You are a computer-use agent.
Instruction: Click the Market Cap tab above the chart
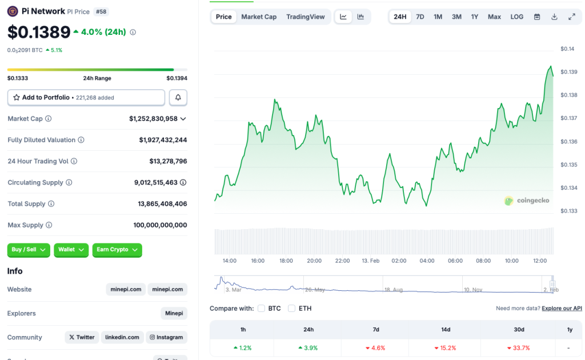(259, 17)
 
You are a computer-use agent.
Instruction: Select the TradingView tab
(305, 17)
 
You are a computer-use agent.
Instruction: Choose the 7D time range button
(420, 17)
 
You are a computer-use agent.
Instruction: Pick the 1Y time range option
(475, 17)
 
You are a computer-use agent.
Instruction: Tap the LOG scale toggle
(516, 17)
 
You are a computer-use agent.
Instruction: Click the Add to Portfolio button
(86, 98)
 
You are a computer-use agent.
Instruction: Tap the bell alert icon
(178, 98)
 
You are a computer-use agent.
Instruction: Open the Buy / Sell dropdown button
(29, 250)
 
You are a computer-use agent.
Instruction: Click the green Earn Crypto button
(117, 250)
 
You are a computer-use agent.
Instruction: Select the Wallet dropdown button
(71, 250)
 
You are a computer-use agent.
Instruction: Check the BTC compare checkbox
(261, 309)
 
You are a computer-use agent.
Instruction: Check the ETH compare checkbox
(291, 309)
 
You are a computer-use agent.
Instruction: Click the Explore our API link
(562, 309)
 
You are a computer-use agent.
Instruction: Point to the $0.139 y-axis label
(568, 72)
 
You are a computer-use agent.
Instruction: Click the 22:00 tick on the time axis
(342, 261)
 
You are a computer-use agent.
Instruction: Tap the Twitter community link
(82, 337)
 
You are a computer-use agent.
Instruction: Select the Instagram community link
(166, 337)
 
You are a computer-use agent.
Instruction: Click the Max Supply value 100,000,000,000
(160, 225)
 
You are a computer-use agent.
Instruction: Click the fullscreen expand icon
(572, 17)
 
